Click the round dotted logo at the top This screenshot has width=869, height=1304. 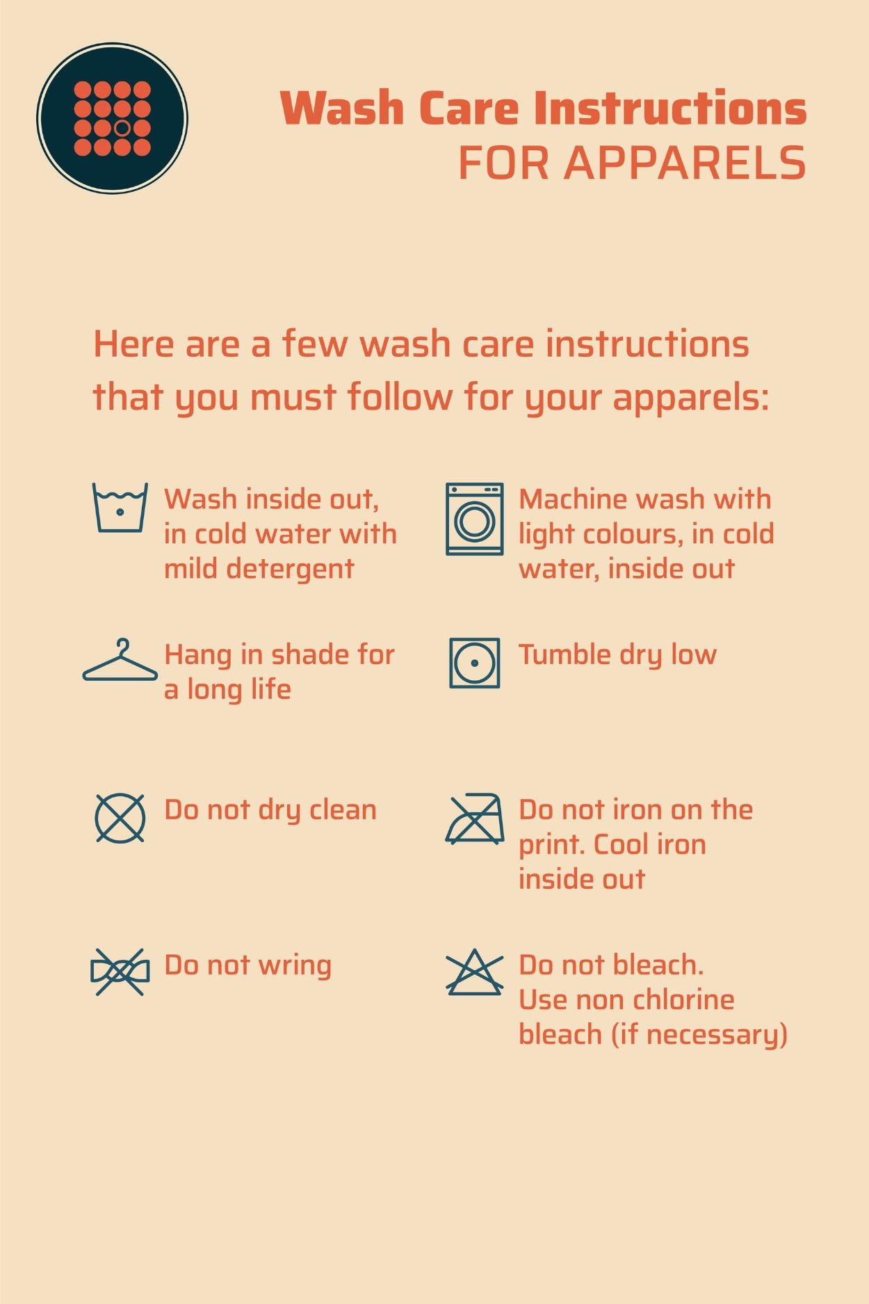(112, 118)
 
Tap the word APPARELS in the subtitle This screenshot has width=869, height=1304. (685, 163)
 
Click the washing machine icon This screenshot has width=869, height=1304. (475, 519)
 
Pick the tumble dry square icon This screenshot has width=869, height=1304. (475, 663)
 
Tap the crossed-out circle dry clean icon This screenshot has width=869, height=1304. (120, 818)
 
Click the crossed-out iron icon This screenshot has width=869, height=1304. (475, 819)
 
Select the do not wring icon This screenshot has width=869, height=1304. (120, 972)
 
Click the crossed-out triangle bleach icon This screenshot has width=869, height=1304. (475, 972)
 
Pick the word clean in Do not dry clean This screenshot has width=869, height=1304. (343, 810)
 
